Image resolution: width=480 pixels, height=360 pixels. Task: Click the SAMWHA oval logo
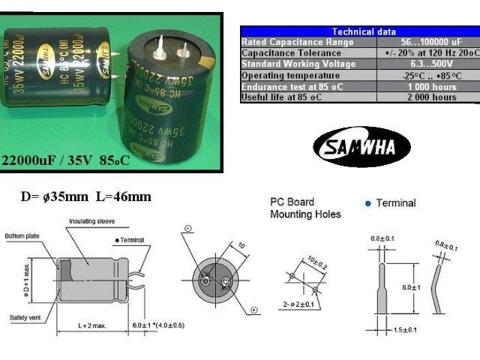tap(361, 146)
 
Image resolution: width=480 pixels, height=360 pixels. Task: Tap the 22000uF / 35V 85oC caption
tap(67, 161)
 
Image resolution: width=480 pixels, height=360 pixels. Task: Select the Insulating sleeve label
tap(92, 221)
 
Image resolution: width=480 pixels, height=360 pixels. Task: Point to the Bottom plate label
tap(20, 235)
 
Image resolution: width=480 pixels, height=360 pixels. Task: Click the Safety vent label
tap(25, 316)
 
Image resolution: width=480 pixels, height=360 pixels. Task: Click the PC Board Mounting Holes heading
tap(305, 208)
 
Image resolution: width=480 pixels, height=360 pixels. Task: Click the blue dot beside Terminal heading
tap(367, 203)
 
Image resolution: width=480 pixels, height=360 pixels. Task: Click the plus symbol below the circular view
tap(254, 310)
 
